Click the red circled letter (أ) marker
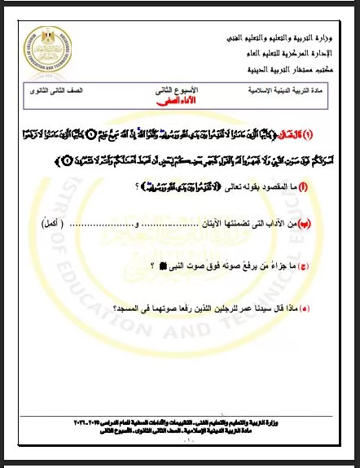(x=324, y=187)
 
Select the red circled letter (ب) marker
(x=324, y=221)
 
